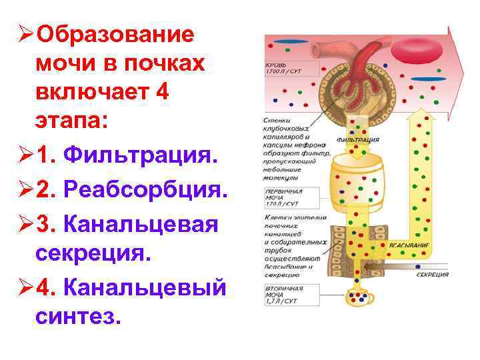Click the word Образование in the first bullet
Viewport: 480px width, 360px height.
tap(116, 34)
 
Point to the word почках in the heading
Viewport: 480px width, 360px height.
tap(163, 64)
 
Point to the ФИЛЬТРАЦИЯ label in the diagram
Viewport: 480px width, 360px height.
tap(358, 141)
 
